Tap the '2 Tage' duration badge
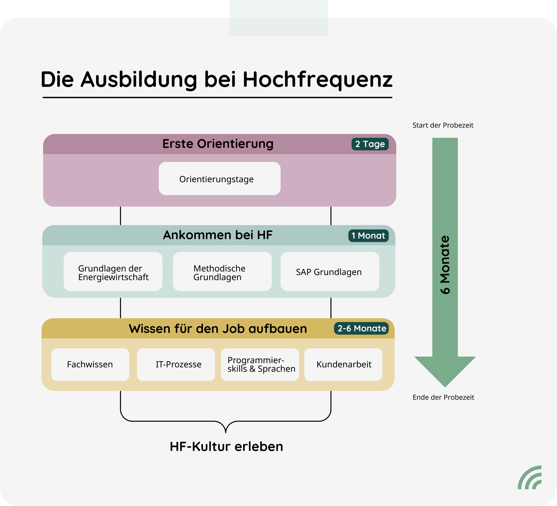[370, 144]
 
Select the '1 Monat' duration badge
[368, 236]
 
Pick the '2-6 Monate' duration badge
[361, 329]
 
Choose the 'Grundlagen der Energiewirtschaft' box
[113, 272]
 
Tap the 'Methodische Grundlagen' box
[222, 272]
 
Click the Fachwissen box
[90, 365]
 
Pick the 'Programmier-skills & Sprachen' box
[260, 365]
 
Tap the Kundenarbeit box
[343, 365]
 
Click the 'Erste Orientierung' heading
[218, 144]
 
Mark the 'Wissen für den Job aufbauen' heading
[218, 329]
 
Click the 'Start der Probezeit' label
[443, 125]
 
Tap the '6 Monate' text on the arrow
[445, 265]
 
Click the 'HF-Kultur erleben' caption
[226, 447]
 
